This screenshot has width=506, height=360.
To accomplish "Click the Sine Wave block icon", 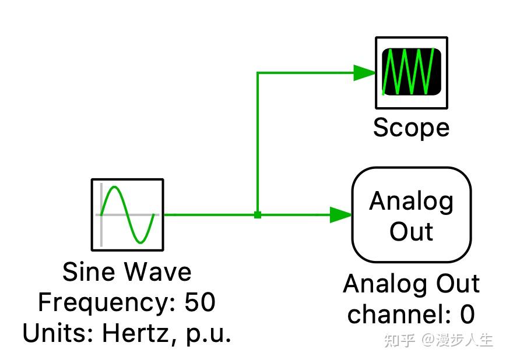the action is (x=128, y=214).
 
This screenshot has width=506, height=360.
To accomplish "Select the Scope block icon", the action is (x=412, y=73).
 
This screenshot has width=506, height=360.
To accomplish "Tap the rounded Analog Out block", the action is (x=412, y=214).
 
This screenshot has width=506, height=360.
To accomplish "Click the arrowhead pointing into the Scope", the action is (x=365, y=73).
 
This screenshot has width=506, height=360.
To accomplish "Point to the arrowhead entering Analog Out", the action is (x=341, y=215).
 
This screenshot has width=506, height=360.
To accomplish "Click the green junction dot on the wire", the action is (x=258, y=215).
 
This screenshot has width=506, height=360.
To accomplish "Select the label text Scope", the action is (x=411, y=128).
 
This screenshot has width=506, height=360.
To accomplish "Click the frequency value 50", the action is (x=200, y=302).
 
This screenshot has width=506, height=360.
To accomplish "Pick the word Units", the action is (x=58, y=333).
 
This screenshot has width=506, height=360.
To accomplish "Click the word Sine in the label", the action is (x=89, y=271).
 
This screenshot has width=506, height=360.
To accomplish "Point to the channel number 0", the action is (x=468, y=314).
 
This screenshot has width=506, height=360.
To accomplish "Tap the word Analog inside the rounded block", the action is (x=412, y=202).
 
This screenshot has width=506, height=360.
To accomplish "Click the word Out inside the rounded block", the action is (x=412, y=231).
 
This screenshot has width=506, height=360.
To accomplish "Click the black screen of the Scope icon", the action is (x=412, y=72).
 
